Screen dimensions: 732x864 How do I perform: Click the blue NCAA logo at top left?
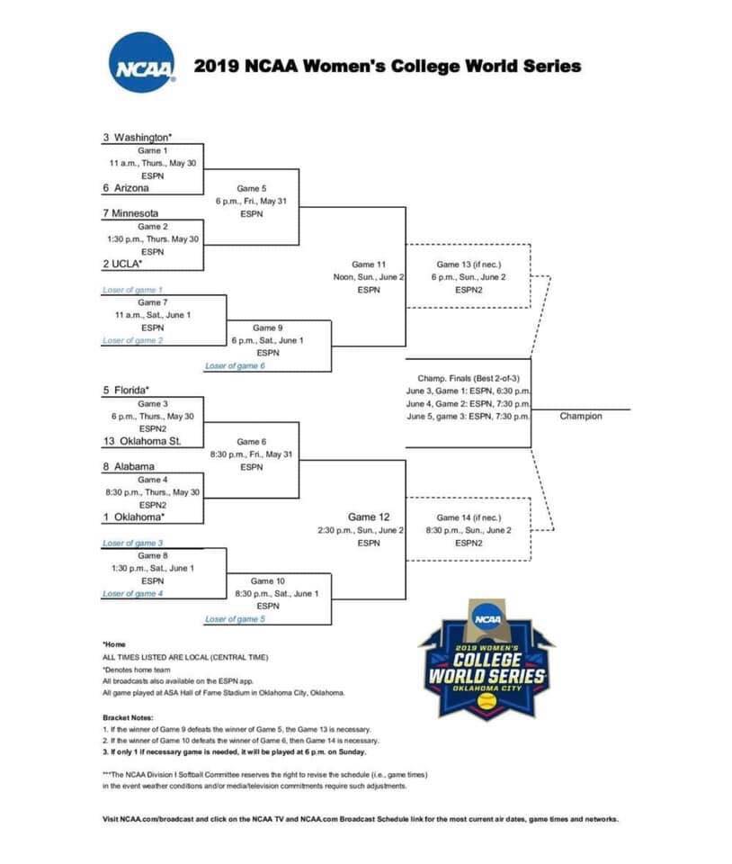tap(142, 62)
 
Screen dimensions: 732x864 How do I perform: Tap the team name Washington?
tap(141, 137)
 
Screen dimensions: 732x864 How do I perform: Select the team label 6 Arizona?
tap(126, 188)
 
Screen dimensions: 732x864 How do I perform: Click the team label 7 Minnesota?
tap(130, 213)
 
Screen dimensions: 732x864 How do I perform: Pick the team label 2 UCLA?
tap(122, 264)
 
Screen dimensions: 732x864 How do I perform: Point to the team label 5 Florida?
tap(126, 390)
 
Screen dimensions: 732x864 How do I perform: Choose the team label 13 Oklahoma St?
tap(142, 441)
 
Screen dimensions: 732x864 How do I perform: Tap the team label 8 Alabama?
tap(129, 466)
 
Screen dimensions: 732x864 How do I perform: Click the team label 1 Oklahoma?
tap(133, 517)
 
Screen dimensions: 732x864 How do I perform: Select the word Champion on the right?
tap(581, 416)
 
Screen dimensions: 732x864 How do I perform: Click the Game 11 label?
tap(369, 265)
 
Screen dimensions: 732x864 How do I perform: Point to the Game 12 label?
tap(369, 517)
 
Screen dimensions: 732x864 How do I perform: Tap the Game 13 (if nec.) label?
tap(469, 265)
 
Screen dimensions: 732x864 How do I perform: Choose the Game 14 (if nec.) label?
tap(469, 517)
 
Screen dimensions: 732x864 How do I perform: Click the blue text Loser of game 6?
tap(235, 366)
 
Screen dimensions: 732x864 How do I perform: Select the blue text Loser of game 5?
tap(235, 619)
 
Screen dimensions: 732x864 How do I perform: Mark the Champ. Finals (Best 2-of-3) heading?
tap(469, 378)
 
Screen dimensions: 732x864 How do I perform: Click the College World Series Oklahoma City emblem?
tap(487, 659)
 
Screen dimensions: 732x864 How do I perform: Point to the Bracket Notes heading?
tap(128, 717)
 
